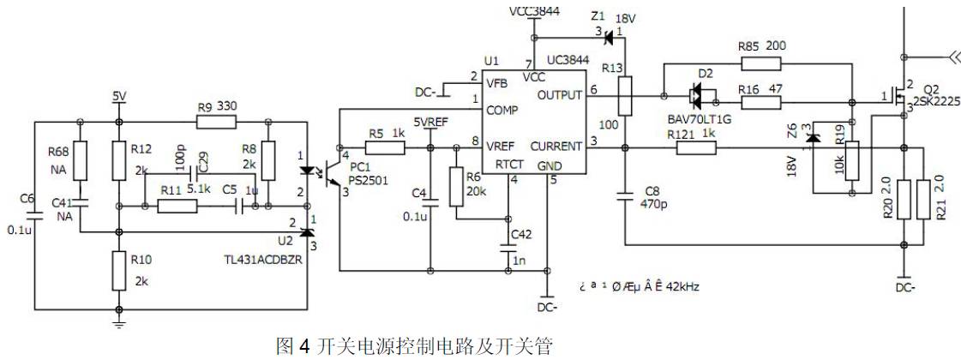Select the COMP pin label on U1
502,111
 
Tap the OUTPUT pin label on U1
559,95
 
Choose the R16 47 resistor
760,103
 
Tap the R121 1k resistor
695,149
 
